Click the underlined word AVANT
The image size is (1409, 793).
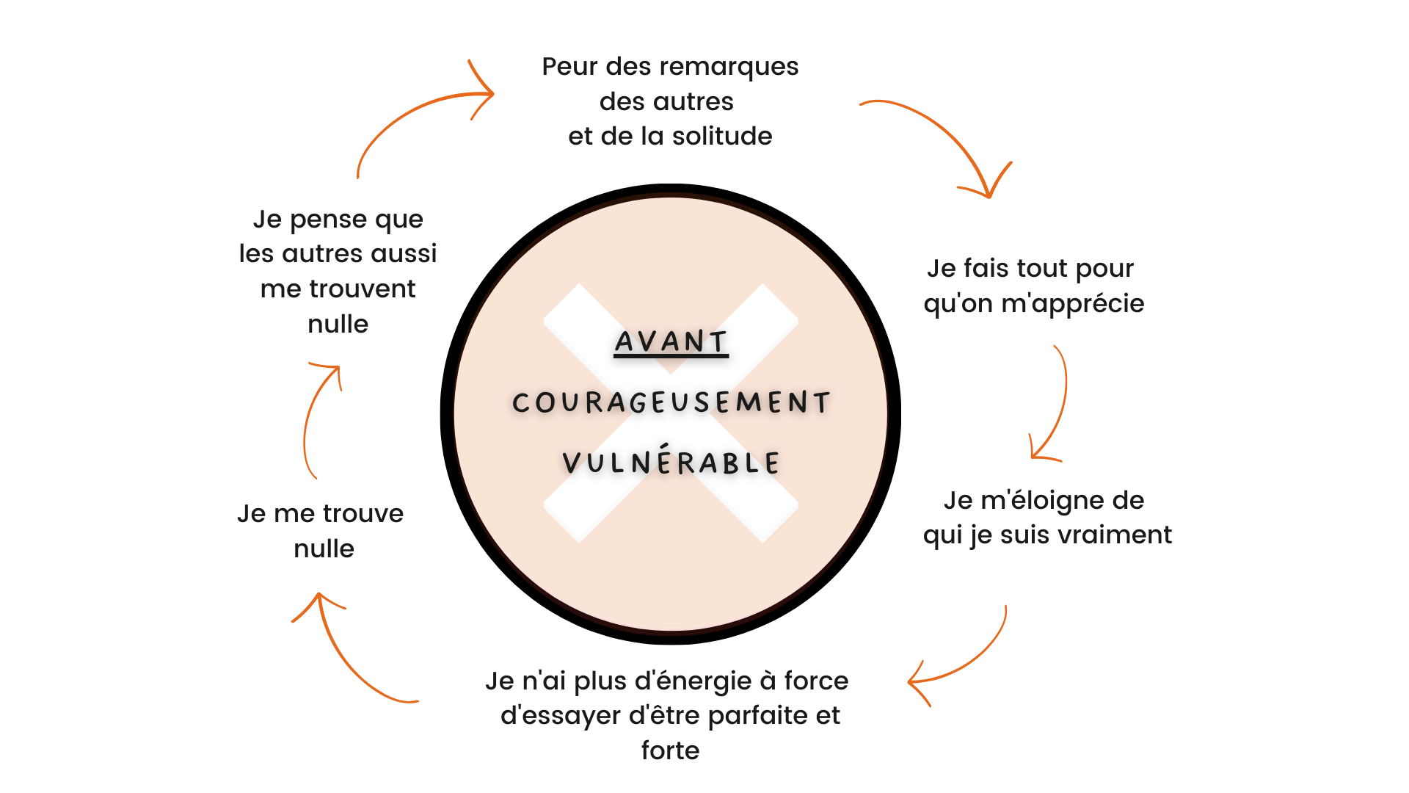[671, 342]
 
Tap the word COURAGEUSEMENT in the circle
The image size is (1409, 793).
[671, 402]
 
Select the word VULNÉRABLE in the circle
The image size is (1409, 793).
[671, 460]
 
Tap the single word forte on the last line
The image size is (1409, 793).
[670, 750]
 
